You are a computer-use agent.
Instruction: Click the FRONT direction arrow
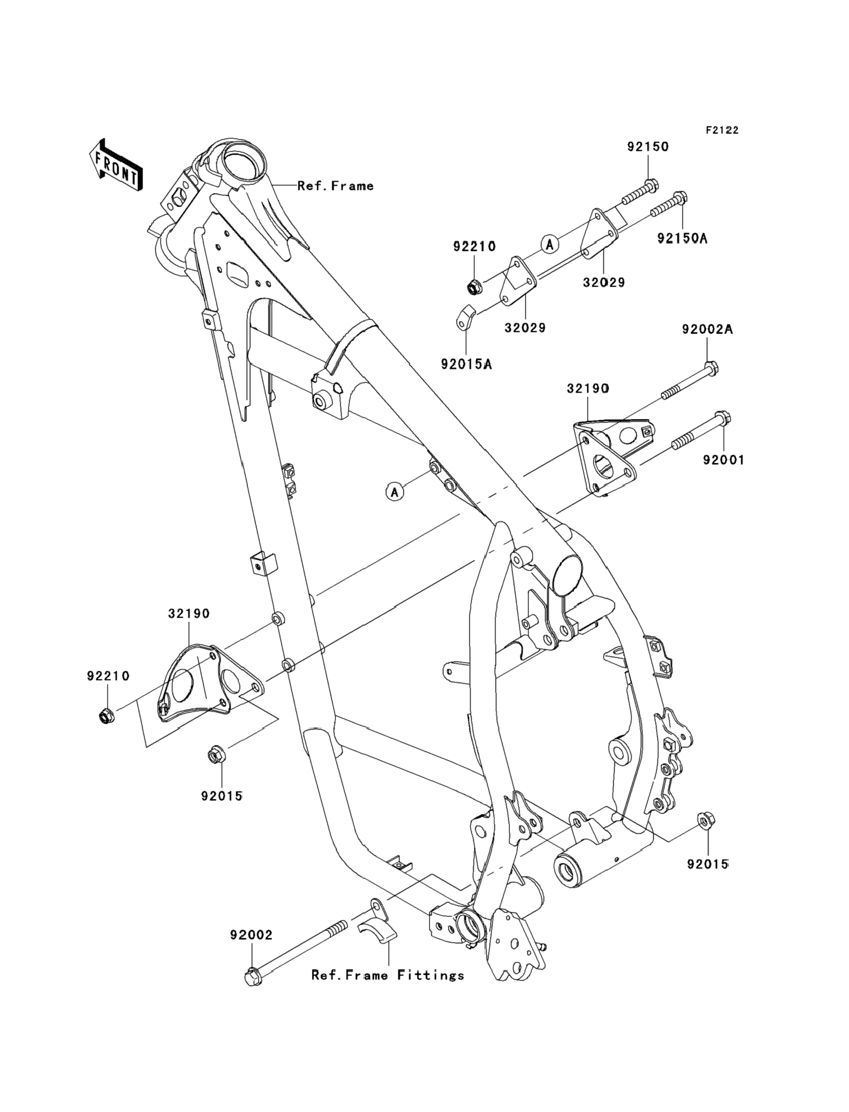pos(115,166)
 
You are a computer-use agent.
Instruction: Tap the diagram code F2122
pos(722,130)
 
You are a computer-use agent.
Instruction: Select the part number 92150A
pos(682,238)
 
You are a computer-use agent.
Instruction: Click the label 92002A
pos(707,330)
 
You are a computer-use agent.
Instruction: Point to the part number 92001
pos(724,460)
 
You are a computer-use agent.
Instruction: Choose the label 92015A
pos(466,364)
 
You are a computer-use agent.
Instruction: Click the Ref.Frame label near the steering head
pos(336,186)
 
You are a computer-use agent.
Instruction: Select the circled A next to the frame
pos(395,491)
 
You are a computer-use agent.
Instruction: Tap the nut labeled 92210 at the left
pos(106,715)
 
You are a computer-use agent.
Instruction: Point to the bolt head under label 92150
pos(652,186)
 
